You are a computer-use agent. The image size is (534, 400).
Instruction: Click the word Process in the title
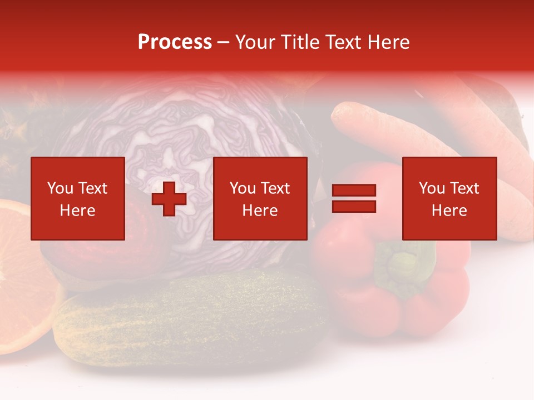point(175,42)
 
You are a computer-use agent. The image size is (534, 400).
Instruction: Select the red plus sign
point(169,199)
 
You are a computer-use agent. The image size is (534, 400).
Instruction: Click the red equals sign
point(354,198)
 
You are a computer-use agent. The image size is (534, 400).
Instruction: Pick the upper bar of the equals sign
point(354,191)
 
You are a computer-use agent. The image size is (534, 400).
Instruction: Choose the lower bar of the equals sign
point(354,207)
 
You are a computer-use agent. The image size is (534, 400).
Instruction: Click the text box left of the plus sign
point(78,198)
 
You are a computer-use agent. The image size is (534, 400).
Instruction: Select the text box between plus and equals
point(260,198)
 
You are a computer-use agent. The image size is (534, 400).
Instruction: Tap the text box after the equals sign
point(449,198)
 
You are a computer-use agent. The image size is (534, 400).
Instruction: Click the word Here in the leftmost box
point(78,211)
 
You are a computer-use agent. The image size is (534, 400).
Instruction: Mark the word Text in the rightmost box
point(464,188)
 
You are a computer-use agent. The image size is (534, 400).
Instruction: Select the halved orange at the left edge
point(22,278)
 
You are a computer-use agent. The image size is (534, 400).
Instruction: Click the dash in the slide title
point(223,42)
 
